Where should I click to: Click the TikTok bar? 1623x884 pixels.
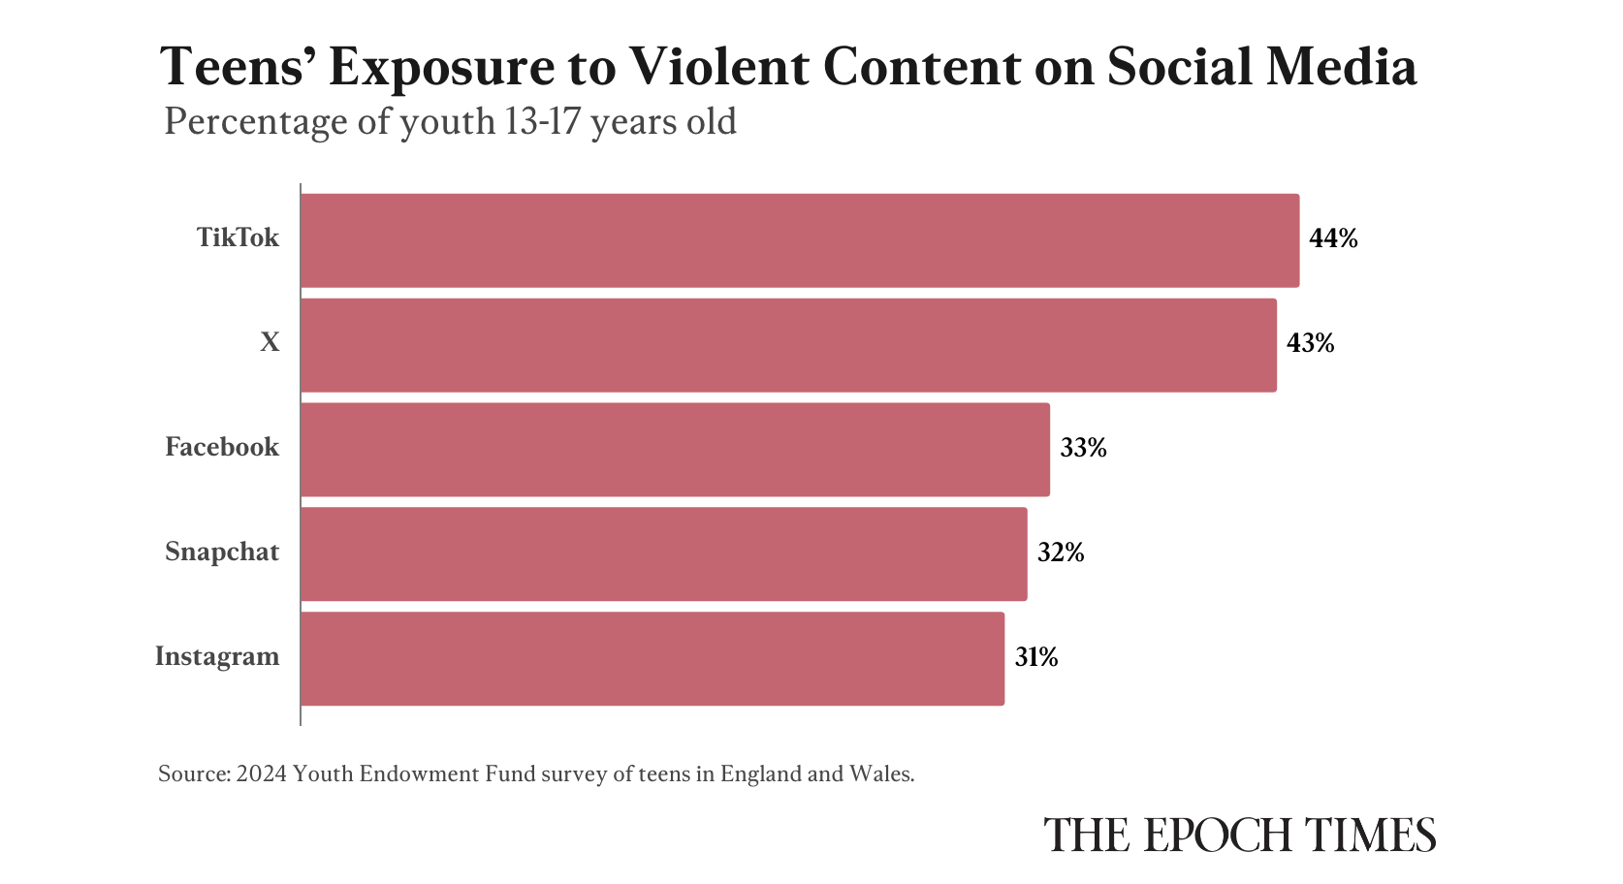tap(800, 240)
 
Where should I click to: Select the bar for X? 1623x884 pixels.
tap(788, 345)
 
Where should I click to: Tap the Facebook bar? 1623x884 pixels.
tap(675, 450)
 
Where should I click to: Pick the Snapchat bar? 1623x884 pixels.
tap(663, 554)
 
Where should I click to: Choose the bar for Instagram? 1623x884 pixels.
tap(652, 659)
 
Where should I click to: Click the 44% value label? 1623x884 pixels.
tap(1333, 238)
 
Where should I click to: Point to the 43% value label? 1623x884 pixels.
tap(1310, 343)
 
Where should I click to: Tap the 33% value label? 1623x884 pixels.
tap(1083, 448)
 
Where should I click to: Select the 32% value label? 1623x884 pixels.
tap(1061, 552)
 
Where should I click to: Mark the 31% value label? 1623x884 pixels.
tap(1036, 657)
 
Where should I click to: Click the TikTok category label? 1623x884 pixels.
tap(238, 238)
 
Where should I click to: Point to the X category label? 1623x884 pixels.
tap(270, 343)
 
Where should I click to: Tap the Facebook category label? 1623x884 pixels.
tap(222, 448)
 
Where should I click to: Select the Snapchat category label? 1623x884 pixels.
tap(222, 552)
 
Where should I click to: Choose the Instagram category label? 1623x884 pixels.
tap(217, 657)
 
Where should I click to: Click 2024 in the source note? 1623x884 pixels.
tap(261, 774)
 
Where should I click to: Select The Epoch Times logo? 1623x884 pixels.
tap(1239, 836)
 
